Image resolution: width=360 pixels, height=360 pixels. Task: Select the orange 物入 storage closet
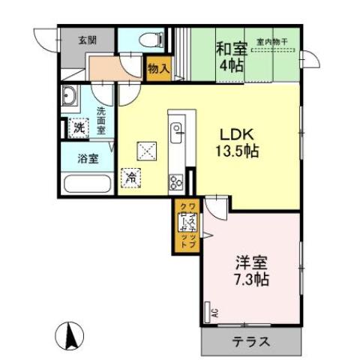pos(158,67)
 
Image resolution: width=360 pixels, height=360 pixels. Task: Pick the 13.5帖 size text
pos(238,151)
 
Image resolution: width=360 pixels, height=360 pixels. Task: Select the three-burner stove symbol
pos(177,181)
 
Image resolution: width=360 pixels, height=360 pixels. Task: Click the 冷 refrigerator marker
pos(130,178)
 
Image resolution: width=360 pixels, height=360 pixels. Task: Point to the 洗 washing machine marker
pos(79,127)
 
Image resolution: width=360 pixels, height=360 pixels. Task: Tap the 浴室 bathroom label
pos(85,158)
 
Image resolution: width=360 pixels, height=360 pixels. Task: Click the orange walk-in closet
pos(184,225)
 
